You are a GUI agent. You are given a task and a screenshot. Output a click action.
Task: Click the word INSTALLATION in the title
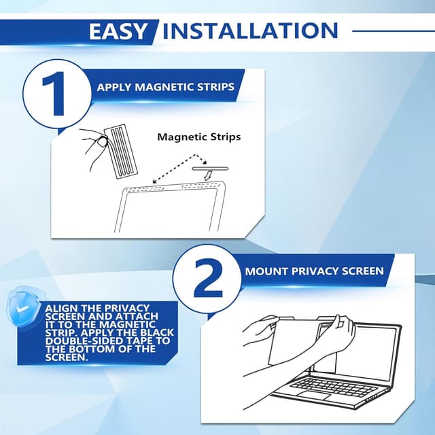click(x=250, y=31)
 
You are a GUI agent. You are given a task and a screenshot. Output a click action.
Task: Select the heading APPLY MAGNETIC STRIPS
click(x=165, y=87)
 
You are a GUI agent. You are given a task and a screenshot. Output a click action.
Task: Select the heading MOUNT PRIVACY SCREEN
click(x=314, y=271)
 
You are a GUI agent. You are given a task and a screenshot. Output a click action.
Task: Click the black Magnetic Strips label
click(x=199, y=137)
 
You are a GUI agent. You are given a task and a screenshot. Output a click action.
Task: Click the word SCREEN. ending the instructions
click(x=65, y=357)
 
